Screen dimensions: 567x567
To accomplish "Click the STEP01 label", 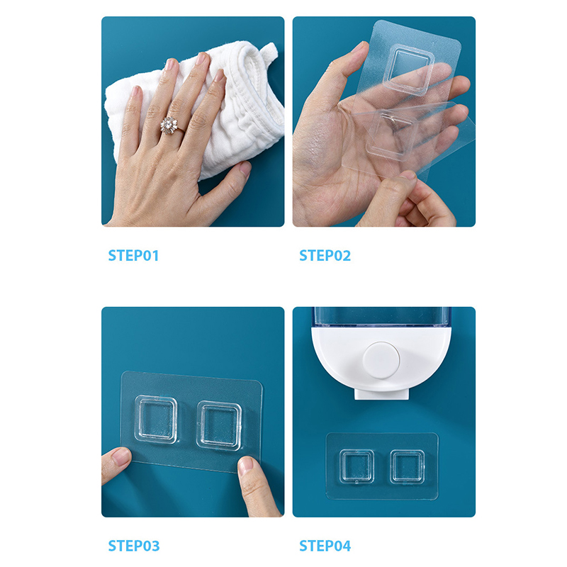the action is point(133,256).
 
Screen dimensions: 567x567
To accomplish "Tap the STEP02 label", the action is point(325,256).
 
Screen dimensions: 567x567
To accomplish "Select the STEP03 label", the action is point(134,546).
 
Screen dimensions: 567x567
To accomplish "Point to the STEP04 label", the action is point(325,546).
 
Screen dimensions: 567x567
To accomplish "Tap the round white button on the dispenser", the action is point(381,360).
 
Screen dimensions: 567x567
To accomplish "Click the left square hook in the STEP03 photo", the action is point(156,419).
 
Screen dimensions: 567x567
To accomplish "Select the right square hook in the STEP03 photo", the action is point(219,426).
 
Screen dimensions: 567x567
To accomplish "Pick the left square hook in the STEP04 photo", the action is point(357,466).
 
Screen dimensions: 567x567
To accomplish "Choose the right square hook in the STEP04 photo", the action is point(407,467).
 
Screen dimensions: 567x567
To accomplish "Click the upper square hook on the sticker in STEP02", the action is point(410,69).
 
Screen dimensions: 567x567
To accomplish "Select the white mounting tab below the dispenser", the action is point(381,393).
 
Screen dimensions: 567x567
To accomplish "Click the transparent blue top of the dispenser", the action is point(383,317).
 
